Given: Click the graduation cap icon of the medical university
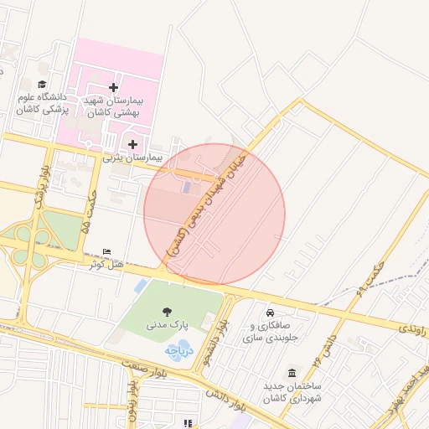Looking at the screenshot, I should tap(42, 85).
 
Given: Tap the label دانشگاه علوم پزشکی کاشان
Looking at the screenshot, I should tap(42, 103).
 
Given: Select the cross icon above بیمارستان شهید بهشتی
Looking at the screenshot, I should tap(114, 87).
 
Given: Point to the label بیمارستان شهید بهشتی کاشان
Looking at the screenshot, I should tap(113, 105).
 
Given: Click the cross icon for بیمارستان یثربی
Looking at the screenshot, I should tap(132, 144).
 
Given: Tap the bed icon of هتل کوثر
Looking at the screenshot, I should tap(106, 252).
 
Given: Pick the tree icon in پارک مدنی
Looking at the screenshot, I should tap(169, 310).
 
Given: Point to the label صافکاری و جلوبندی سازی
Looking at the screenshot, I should tap(268, 333).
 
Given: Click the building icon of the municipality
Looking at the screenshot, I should tap(291, 373).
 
